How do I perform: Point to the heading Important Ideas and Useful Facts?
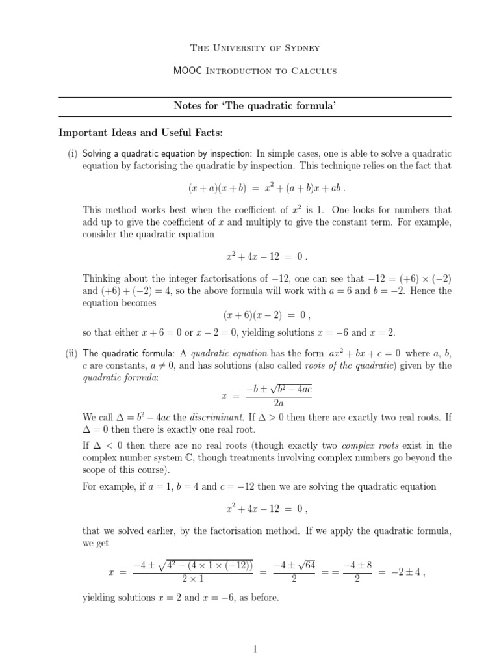click(141, 133)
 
